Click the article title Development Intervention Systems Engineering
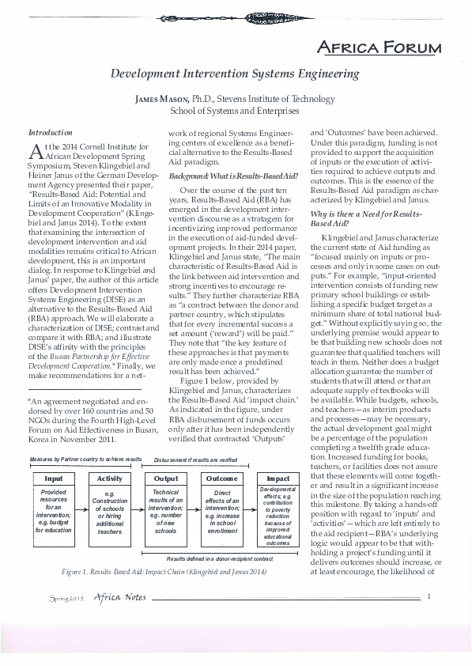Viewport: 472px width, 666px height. pyautogui.click(x=235, y=73)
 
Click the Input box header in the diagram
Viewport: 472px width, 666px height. pyautogui.click(x=54, y=479)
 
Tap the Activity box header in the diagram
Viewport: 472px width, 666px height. pyautogui.click(x=109, y=479)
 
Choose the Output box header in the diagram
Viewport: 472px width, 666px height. pyautogui.click(x=165, y=479)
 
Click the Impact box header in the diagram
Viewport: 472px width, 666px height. pyautogui.click(x=278, y=479)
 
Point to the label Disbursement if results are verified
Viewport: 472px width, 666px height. pyautogui.click(x=195, y=459)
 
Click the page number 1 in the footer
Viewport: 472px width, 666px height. pyautogui.click(x=428, y=618)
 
